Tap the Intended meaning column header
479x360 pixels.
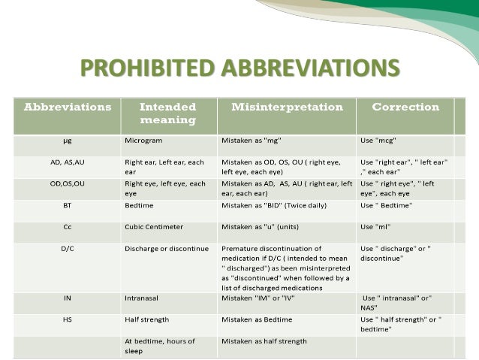168,113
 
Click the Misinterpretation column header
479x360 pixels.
285,107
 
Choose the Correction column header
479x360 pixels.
405,107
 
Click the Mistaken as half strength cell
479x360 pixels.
264,341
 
